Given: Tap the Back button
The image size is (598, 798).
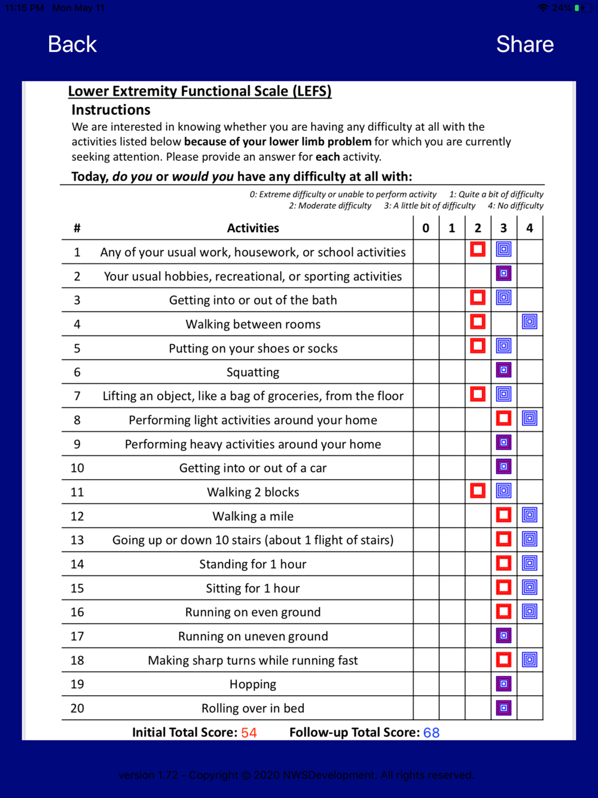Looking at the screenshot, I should tap(72, 44).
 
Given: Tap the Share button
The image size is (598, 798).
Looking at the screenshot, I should tap(524, 44).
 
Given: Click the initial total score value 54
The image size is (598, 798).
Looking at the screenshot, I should tap(249, 733).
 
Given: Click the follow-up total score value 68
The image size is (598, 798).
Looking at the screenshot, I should tap(431, 733).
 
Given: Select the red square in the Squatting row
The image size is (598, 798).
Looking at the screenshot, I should tap(504, 370).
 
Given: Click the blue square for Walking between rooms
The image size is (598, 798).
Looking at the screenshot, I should tap(529, 322).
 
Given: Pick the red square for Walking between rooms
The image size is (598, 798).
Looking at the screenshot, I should tap(477, 322).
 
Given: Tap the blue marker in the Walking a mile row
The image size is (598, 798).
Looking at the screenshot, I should tap(529, 515).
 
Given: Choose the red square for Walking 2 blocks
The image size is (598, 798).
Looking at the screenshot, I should tap(477, 491).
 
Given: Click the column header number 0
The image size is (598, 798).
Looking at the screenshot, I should tap(426, 228).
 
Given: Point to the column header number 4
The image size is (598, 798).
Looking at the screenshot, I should tap(529, 228).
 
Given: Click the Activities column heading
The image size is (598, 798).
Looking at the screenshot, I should tap(253, 228).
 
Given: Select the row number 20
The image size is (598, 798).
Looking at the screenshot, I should tap(77, 708).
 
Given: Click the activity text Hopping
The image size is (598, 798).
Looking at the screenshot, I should tap(253, 684).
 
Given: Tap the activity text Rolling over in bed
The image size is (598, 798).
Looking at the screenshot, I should tap(253, 708).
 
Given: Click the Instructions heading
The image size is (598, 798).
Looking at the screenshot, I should tap(111, 110).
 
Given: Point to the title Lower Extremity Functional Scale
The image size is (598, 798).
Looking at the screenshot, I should tap(200, 92).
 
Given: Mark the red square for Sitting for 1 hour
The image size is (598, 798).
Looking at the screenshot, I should tap(504, 587).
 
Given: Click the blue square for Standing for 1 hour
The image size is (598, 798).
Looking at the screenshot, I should tap(529, 563).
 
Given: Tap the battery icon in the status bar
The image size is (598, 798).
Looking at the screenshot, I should tap(579, 8).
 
